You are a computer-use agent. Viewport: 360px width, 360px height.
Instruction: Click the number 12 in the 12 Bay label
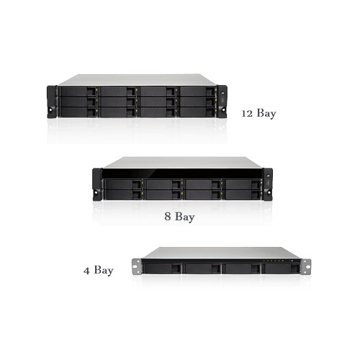(247, 114)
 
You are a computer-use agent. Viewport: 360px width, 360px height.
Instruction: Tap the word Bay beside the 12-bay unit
(266, 114)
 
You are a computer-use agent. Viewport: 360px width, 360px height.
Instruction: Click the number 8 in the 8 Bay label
(168, 216)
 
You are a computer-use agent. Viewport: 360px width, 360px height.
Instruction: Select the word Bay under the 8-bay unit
(185, 217)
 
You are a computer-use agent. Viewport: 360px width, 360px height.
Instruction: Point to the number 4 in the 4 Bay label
(86, 271)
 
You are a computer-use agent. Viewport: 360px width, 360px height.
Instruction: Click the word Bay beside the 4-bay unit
(104, 271)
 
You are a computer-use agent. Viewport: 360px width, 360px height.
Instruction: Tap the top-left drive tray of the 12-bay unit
(78, 91)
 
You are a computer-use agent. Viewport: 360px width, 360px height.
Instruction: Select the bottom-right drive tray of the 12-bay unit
(197, 112)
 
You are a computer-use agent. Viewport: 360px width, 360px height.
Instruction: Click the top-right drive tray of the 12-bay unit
(197, 91)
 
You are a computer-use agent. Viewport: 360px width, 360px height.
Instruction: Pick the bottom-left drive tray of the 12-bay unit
(78, 112)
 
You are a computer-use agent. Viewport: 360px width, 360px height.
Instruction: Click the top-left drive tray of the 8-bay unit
(123, 184)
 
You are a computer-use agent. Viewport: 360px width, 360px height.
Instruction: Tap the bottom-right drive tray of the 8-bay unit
(243, 194)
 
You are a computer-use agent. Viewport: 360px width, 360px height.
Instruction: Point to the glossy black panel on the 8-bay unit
(182, 174)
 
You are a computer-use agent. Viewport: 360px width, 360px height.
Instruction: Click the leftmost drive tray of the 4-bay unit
(162, 269)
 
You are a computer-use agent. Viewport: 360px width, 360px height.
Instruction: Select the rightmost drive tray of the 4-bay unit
(281, 269)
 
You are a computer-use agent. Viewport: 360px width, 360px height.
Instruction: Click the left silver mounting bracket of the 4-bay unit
(137, 266)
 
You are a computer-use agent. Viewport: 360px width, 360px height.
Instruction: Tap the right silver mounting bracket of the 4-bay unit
(306, 266)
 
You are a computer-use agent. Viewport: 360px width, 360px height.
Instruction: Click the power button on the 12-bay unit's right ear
(222, 94)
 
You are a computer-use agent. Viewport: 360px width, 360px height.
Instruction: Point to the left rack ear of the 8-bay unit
(97, 184)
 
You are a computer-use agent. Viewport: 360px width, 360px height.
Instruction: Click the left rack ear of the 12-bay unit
(52, 102)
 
